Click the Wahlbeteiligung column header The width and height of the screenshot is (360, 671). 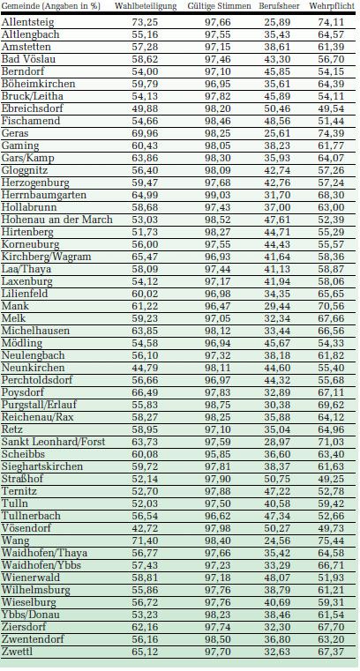coord(146,6)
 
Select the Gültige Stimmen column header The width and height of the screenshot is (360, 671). coord(219,6)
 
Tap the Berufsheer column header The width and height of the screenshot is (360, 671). coord(279,6)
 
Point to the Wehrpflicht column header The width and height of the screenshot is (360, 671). coord(332,6)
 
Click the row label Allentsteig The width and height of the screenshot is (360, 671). coord(28,22)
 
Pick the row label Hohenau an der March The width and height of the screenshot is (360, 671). coord(57,220)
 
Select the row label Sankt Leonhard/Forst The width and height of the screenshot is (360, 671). coord(54,442)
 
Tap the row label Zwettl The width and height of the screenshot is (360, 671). coord(17,652)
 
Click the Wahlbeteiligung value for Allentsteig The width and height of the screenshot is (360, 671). coord(143,22)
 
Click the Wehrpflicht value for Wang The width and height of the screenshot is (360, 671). coord(331,541)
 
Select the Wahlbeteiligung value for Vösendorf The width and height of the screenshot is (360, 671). coord(143,528)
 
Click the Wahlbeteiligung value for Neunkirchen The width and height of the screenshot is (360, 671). coord(143,368)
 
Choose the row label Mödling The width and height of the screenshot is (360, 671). coord(22,343)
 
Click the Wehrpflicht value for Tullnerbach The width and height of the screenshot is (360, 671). coord(331,516)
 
